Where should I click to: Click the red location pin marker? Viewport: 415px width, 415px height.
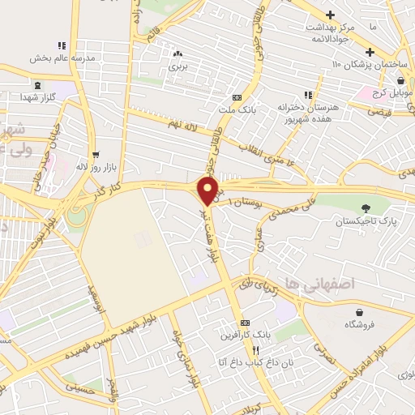[208, 191]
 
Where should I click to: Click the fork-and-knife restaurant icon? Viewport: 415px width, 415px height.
[256, 350]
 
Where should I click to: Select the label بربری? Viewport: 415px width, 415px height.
[178, 66]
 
